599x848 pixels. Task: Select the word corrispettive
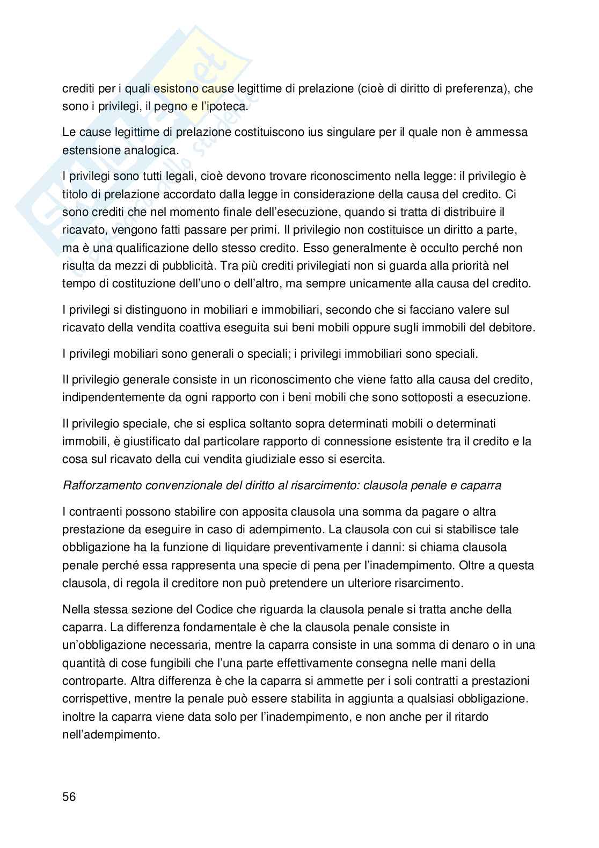(94, 699)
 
